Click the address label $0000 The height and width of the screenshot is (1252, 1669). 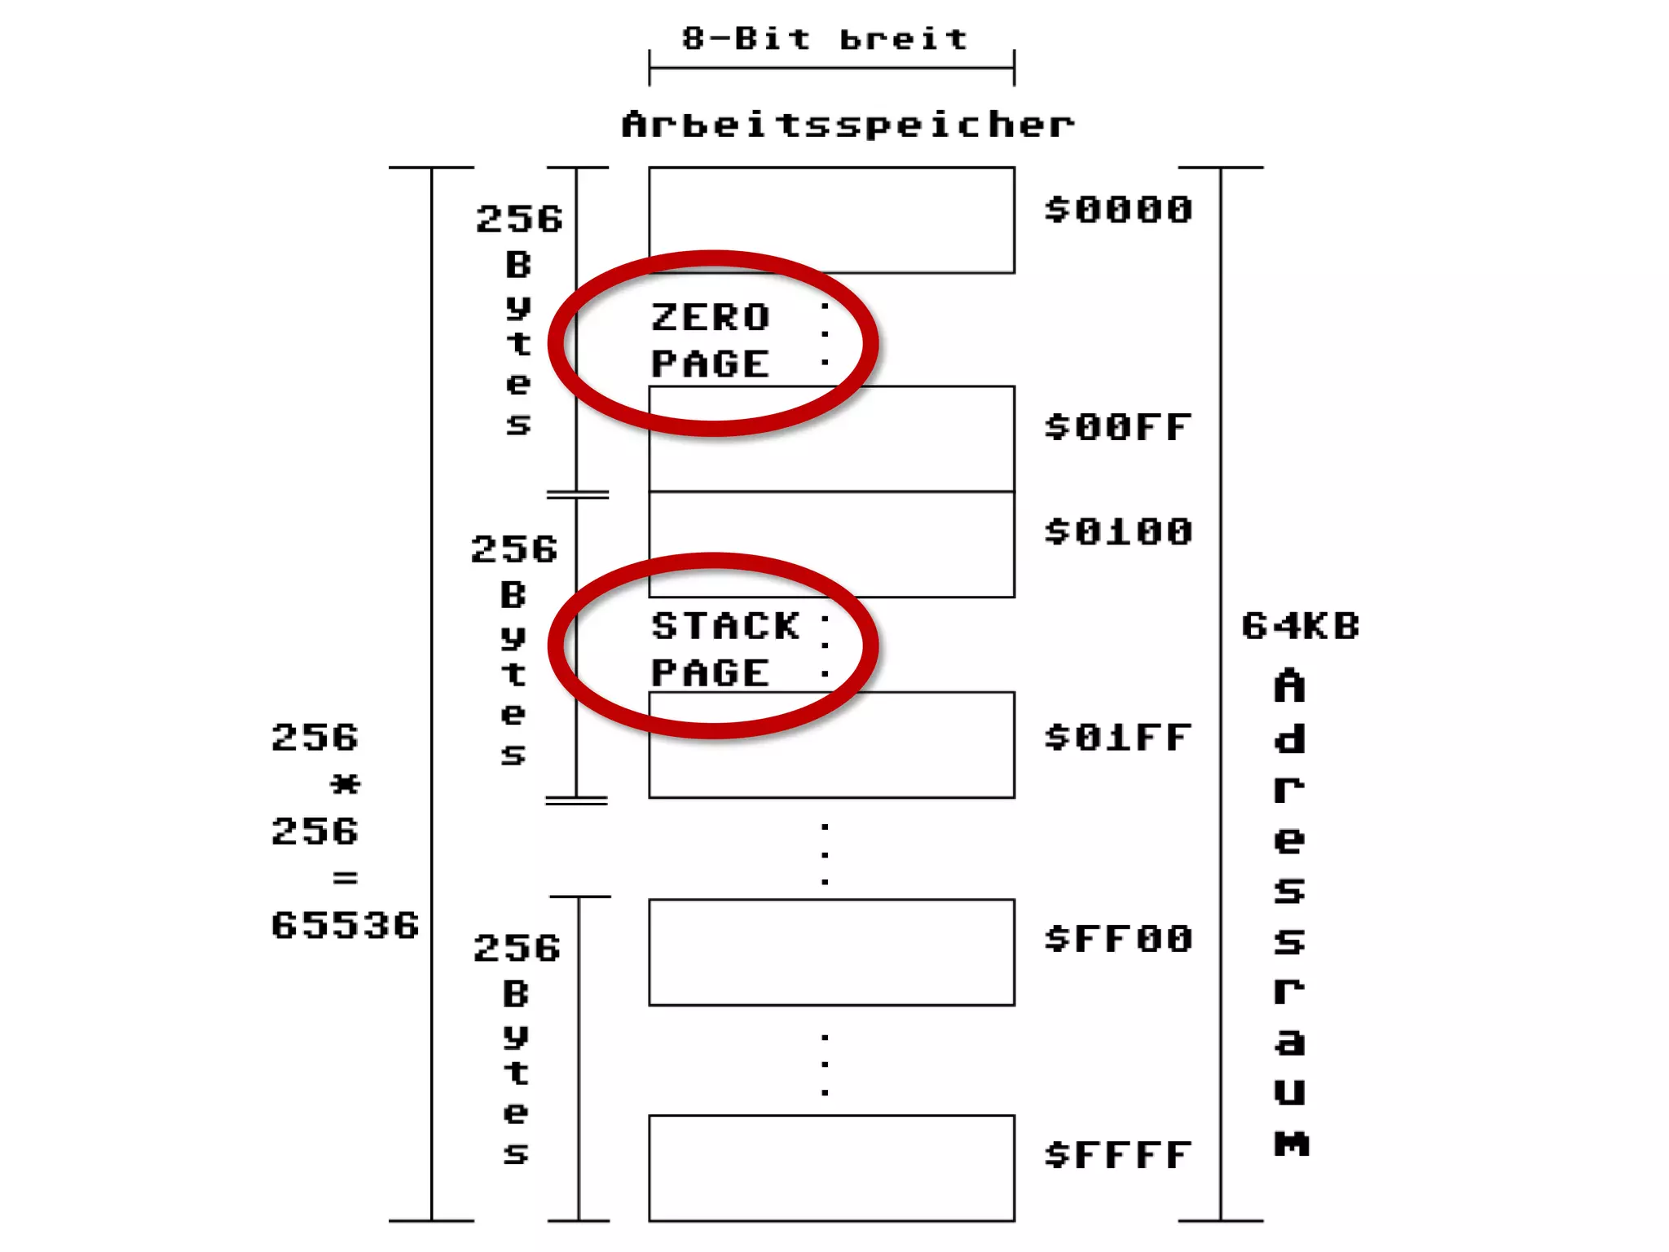pos(1118,210)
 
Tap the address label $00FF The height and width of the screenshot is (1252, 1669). pos(1118,428)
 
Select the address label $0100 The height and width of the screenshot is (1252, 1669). pos(1118,532)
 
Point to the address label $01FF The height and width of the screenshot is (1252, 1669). pos(1118,738)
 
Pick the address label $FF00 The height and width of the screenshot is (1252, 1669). pos(1118,939)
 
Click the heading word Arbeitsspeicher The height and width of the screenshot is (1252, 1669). pos(848,125)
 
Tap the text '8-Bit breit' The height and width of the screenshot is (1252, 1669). pos(825,38)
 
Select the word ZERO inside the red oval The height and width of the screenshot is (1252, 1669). pos(711,318)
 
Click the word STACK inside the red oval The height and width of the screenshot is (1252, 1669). pos(725,626)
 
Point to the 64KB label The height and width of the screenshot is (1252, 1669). pos(1301,627)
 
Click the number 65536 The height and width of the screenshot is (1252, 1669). pos(345,926)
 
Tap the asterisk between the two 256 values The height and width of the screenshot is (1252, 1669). pos(345,785)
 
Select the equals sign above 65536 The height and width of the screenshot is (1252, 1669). pos(345,878)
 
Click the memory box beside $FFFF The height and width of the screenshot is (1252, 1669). pos(831,1167)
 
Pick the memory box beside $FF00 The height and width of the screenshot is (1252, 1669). pos(831,952)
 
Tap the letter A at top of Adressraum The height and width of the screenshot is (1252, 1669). pos(1289,686)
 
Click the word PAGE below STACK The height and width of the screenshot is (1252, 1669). pos(711,673)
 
